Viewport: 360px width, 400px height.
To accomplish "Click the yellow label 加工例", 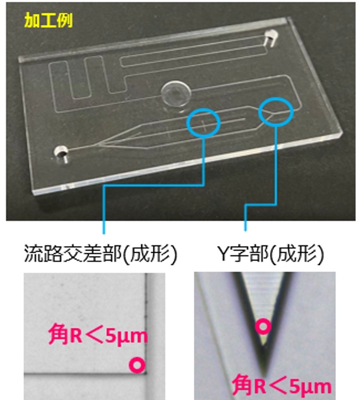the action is pos(49,20).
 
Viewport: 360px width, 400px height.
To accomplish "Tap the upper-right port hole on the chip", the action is pos(271,37).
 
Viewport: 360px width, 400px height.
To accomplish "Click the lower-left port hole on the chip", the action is pos(61,153).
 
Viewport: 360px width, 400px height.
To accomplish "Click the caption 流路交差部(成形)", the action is pos(100,254).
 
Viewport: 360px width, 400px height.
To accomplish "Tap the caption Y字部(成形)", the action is pos(270,254).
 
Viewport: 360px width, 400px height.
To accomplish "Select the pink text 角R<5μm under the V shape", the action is pos(282,385).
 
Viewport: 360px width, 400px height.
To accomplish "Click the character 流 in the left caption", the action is pos(33,254).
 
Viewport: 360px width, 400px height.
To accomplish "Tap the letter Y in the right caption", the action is pos(224,254).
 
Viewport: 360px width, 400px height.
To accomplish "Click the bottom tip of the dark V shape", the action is pos(265,375).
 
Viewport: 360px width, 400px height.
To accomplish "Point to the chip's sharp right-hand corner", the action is pos(342,132).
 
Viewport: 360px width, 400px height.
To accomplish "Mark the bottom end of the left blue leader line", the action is pos(104,233).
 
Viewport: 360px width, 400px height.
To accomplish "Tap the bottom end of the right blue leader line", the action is pos(245,231).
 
